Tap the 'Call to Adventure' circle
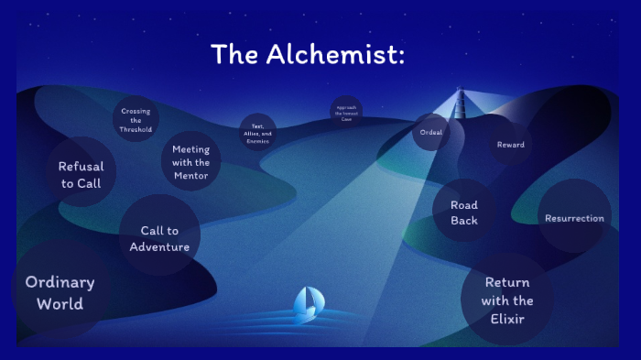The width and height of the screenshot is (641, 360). (159, 238)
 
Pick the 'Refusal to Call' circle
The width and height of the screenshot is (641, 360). (81, 174)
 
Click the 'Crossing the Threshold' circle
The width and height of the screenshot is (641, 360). (136, 120)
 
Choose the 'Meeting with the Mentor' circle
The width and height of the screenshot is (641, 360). (190, 162)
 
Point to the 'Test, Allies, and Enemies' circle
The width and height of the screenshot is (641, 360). (257, 132)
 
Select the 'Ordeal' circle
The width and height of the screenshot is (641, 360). (431, 132)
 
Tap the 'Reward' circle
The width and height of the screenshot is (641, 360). (510, 145)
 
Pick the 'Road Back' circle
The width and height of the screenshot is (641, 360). (463, 213)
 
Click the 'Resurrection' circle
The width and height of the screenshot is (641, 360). (574, 218)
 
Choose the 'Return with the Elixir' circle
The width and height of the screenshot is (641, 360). (507, 300)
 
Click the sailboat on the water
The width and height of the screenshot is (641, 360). (309, 303)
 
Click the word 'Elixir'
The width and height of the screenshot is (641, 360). (507, 319)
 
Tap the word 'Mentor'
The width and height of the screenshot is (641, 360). (190, 175)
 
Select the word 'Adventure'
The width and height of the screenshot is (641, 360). (159, 246)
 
